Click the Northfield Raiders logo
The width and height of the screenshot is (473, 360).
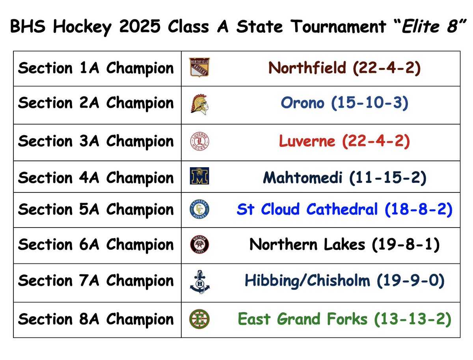tap(199, 67)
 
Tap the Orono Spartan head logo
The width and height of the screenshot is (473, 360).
tap(199, 104)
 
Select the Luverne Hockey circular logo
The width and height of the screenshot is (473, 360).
tap(199, 142)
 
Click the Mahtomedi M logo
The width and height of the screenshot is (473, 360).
tap(199, 176)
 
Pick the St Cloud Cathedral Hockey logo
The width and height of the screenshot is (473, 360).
tap(199, 209)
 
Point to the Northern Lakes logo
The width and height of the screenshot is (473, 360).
tap(199, 245)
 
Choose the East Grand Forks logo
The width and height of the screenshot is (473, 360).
tap(199, 318)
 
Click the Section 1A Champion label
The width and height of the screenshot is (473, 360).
tap(96, 69)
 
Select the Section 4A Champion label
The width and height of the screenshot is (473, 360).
tap(96, 177)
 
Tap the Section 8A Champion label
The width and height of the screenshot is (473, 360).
tap(96, 319)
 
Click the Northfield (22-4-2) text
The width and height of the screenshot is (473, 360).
tap(345, 68)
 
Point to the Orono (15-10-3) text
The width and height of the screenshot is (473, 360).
tap(345, 103)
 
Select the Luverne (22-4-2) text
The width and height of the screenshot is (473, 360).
tap(345, 141)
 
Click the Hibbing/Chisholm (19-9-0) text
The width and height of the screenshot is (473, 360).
tap(345, 281)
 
